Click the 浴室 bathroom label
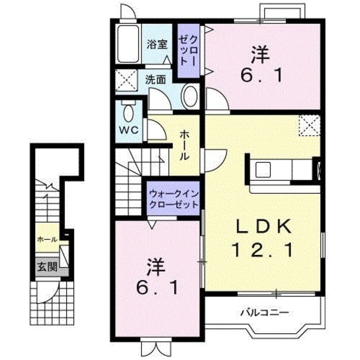pos(157,44)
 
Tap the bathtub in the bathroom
pos(129,44)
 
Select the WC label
pos(129,130)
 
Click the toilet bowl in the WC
pos(129,112)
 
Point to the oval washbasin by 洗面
pos(190,96)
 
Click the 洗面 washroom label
pos(155,80)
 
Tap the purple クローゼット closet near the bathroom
pos(188,51)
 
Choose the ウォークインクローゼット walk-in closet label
pos(174,199)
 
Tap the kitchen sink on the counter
pos(263,169)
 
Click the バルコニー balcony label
pos(264,312)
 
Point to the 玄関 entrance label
pos(47,267)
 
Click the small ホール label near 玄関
pos(47,240)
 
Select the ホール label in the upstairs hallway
pos(184,145)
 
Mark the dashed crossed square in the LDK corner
pos(309,126)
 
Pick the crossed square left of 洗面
pos(126,80)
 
